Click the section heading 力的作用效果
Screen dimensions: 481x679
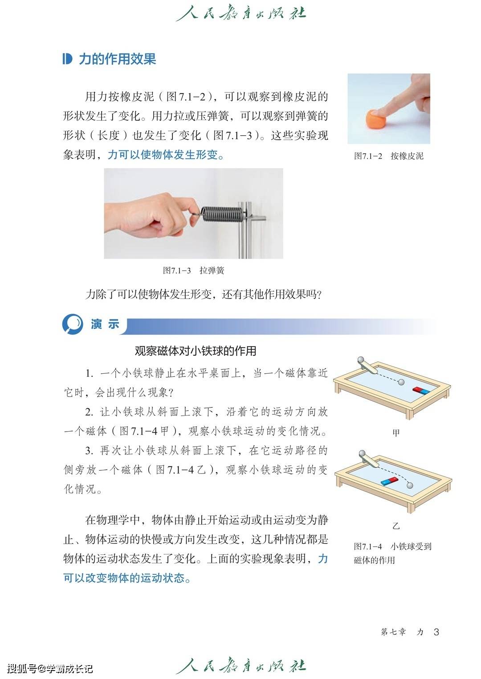tap(118, 59)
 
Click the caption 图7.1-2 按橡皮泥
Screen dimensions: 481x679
tap(389, 156)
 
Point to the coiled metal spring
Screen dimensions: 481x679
tap(221, 214)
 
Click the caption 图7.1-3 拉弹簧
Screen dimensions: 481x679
tap(194, 271)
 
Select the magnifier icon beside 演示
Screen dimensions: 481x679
tap(73, 324)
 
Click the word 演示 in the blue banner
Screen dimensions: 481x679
tap(105, 324)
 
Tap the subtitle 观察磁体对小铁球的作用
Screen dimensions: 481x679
tap(196, 351)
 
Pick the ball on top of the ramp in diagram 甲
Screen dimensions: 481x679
tap(362, 360)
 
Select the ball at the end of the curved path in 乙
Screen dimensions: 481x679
tap(410, 485)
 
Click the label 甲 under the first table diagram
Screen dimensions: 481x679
tap(396, 432)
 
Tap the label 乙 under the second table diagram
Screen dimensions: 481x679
tap(396, 526)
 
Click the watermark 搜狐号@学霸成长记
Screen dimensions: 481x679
tap(50, 668)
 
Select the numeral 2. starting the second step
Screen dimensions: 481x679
tap(89, 412)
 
